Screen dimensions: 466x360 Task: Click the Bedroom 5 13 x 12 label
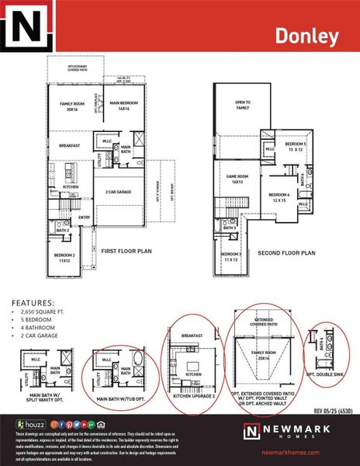[296, 147]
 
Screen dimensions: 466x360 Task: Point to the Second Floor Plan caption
[287, 252]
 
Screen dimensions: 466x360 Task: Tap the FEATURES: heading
[32, 303]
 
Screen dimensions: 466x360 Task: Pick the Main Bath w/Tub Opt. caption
[123, 379]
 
